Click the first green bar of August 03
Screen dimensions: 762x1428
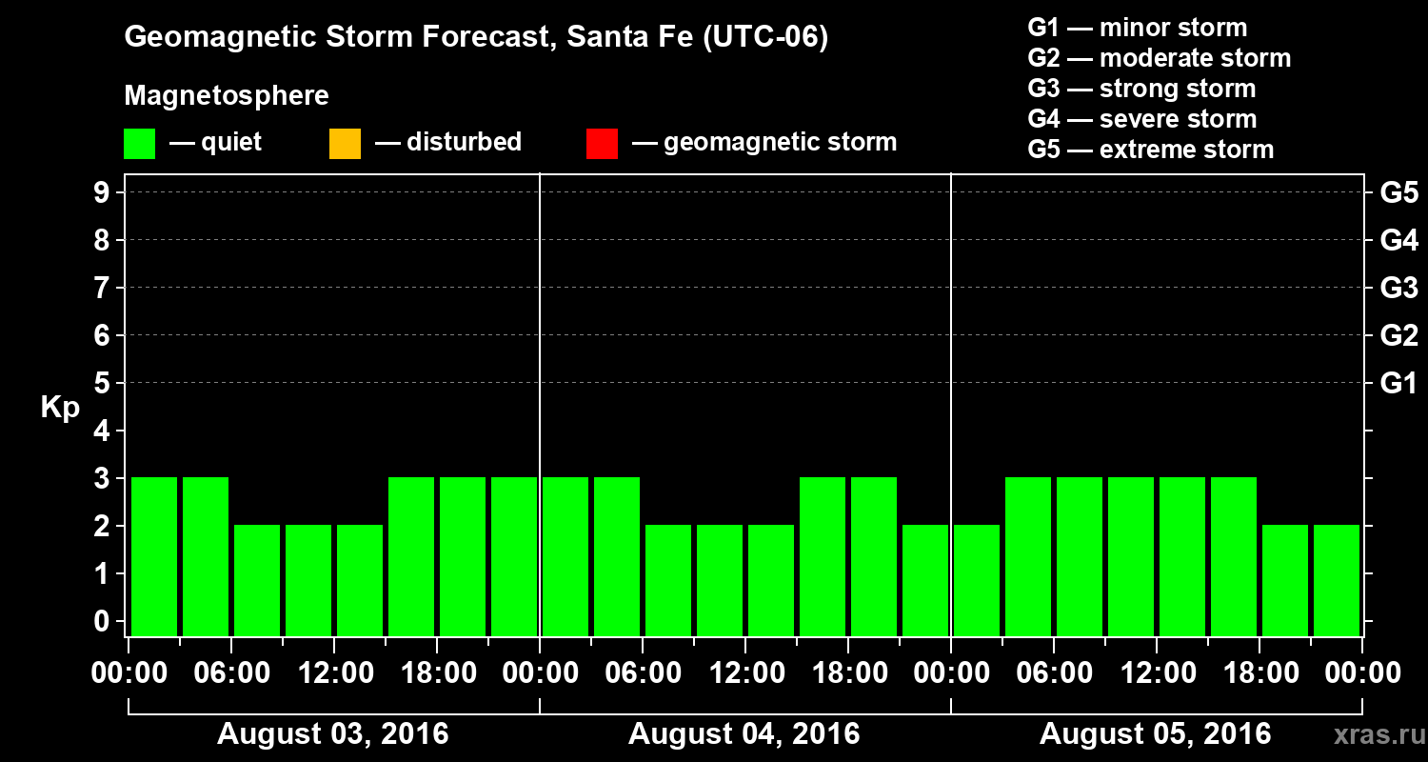click(154, 556)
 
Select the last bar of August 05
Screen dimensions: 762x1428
click(1337, 580)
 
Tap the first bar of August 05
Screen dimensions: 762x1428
click(977, 580)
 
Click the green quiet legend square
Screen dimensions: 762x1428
click(139, 144)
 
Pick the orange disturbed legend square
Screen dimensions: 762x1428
click(345, 144)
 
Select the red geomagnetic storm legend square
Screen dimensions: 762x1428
click(602, 144)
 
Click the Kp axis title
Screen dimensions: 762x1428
click(60, 409)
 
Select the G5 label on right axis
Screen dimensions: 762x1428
click(1398, 192)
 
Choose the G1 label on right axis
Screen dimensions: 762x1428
click(1398, 383)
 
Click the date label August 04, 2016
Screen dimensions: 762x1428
click(744, 734)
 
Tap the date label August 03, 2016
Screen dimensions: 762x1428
click(332, 734)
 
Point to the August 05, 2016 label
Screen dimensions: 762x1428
click(1155, 734)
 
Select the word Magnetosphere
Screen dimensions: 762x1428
click(227, 96)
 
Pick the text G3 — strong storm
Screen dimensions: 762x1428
click(1141, 89)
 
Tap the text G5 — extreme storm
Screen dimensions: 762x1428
click(1150, 150)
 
